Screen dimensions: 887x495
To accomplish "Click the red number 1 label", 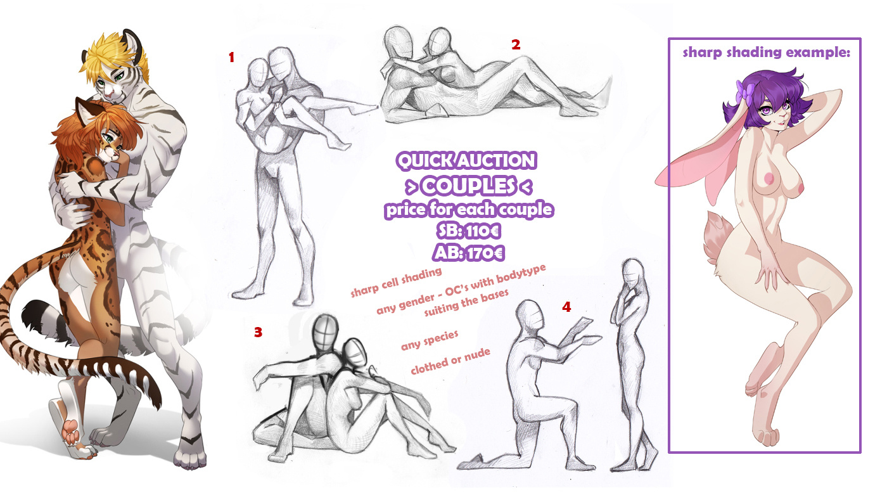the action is (x=232, y=58).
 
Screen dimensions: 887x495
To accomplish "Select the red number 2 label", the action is (x=516, y=45).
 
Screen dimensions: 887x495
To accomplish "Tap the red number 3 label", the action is (x=258, y=332).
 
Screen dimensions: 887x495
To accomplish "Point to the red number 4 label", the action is (x=566, y=307).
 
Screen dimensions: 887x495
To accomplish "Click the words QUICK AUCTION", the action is (x=466, y=161).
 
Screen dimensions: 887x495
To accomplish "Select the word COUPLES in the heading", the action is (x=468, y=186).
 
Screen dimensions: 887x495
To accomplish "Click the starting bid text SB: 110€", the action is (x=469, y=231).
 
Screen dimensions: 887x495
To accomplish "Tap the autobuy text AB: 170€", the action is (x=469, y=253).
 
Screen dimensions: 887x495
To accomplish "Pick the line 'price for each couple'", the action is (x=469, y=209).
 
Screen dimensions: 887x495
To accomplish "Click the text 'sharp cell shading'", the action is (x=396, y=282).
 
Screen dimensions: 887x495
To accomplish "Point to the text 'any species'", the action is (x=430, y=340).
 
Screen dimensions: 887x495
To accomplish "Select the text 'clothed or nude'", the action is (x=450, y=361).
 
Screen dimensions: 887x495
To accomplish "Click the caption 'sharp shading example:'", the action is (x=766, y=52).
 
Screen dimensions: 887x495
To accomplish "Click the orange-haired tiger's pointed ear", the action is (x=84, y=109).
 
